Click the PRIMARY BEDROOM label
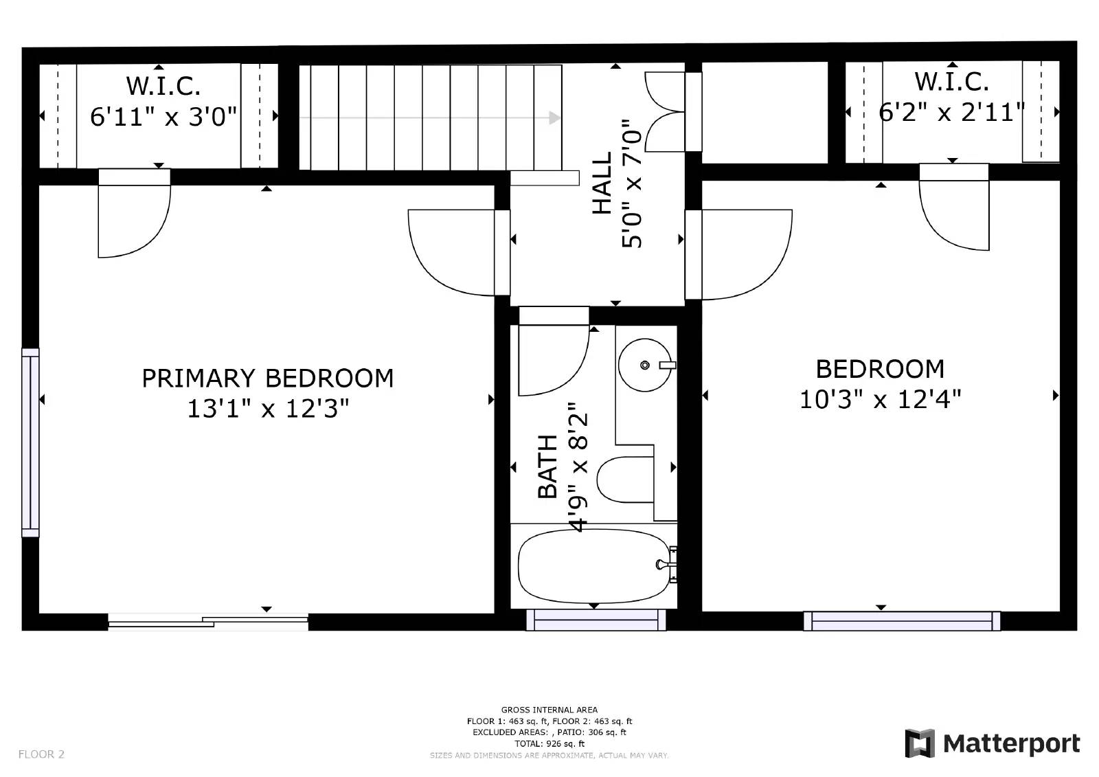tap(267, 379)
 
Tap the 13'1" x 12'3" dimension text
tap(268, 408)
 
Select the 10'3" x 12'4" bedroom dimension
tap(880, 400)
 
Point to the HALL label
tap(602, 183)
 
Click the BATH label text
tap(548, 466)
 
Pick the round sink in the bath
tap(645, 365)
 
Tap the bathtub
tap(594, 565)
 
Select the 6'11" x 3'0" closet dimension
tap(163, 117)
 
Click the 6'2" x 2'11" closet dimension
tap(952, 113)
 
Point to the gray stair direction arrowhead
tap(554, 117)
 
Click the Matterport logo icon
tap(920, 743)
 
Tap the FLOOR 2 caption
tap(41, 754)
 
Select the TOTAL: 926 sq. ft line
tap(549, 743)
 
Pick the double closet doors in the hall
tap(673, 112)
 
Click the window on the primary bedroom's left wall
tap(30, 442)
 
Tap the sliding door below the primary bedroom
tap(208, 622)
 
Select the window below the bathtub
tap(596, 620)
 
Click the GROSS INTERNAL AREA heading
tap(549, 710)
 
